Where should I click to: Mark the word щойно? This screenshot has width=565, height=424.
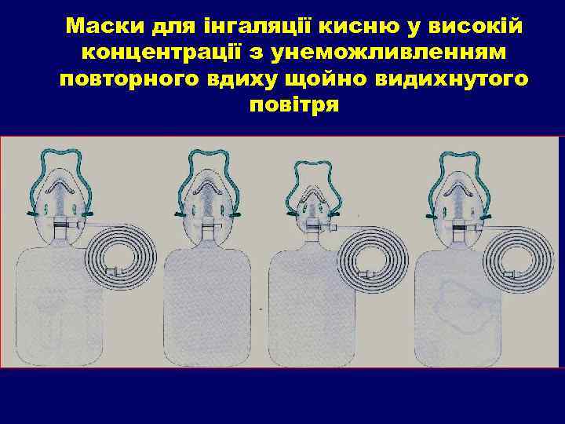341,79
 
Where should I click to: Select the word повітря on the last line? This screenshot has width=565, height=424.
293,105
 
